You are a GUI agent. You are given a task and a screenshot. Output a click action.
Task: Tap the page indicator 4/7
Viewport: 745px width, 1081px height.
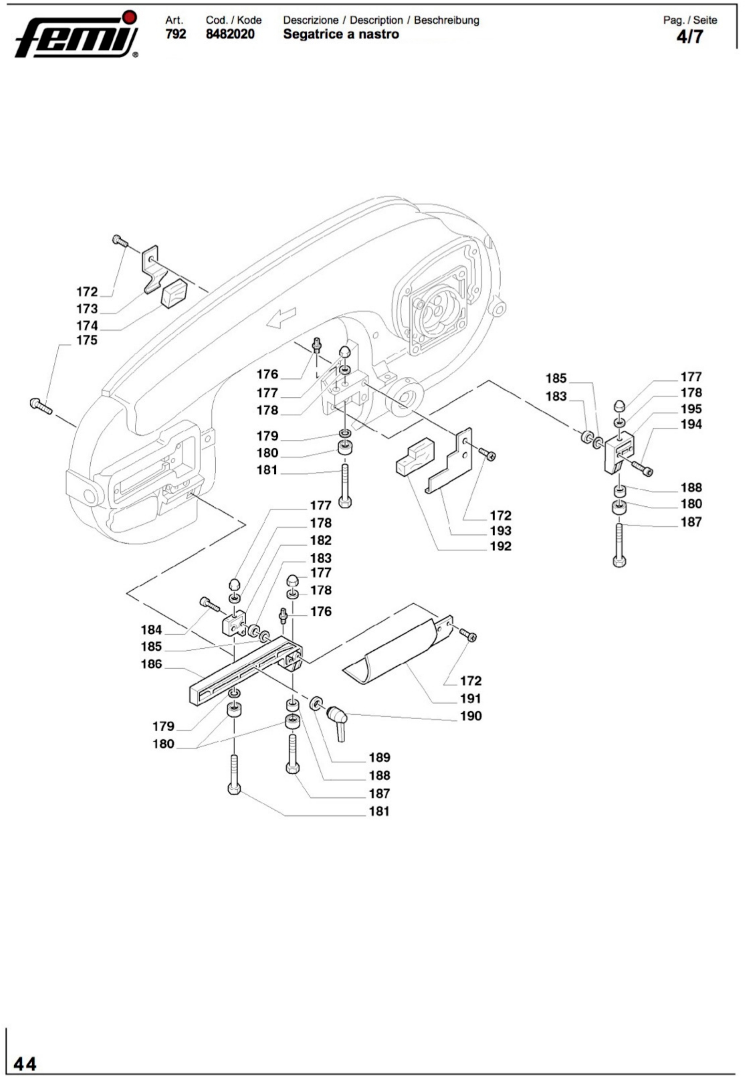(x=689, y=36)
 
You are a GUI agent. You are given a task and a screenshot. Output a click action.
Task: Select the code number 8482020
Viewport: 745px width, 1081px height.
(x=230, y=34)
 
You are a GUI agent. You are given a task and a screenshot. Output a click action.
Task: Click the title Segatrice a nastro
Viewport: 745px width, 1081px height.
(x=341, y=34)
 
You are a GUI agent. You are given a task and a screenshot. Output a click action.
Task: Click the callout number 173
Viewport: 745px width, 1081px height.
(x=87, y=309)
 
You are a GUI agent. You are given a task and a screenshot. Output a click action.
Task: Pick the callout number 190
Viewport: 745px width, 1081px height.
(x=470, y=716)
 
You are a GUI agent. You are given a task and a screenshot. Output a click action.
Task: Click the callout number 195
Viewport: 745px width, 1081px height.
(x=691, y=409)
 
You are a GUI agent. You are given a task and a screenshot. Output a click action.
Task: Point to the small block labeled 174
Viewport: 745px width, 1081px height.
(x=173, y=293)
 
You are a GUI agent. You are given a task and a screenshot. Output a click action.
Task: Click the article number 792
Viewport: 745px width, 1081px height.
(x=175, y=34)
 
